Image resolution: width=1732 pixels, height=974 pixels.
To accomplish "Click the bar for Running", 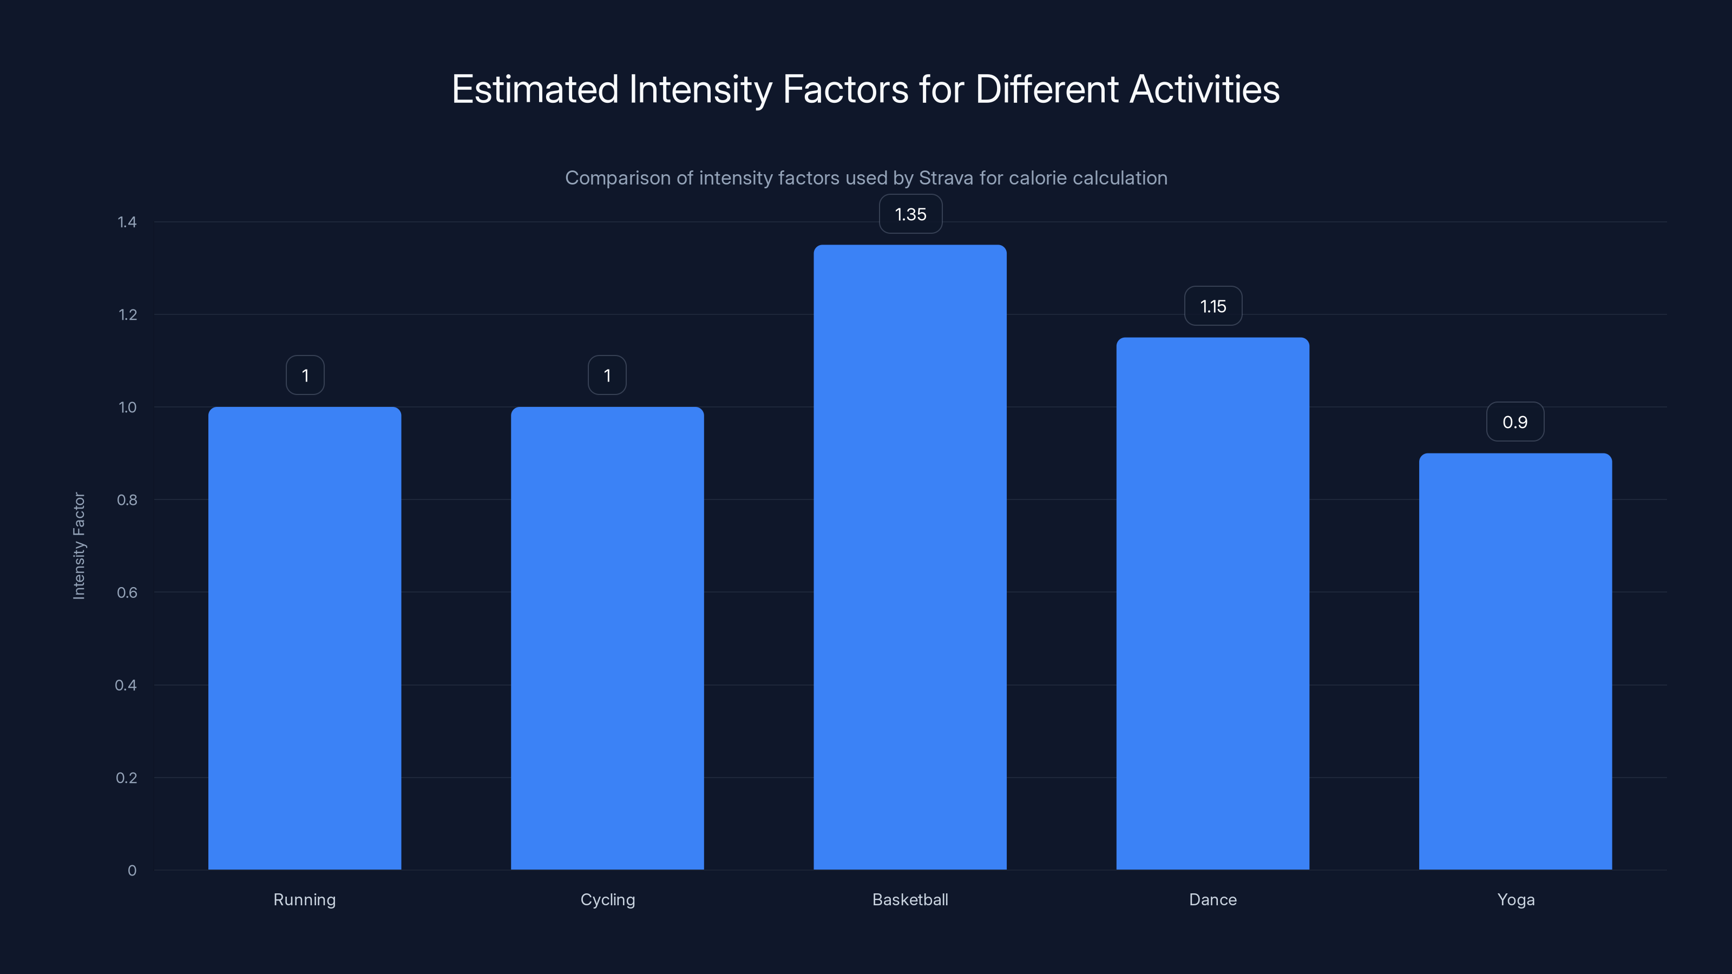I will coord(305,638).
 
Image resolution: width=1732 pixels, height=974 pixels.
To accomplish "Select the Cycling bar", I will coord(607,638).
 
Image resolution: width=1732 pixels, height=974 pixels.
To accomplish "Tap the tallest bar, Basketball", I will coord(910,557).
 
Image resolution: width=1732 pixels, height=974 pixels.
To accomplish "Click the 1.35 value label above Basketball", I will coord(910,214).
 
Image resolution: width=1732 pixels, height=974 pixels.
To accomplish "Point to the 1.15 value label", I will coord(1213,306).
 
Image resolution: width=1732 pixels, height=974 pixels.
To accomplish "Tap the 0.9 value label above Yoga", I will coord(1515,422).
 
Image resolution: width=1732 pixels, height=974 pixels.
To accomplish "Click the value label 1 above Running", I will coord(305,376).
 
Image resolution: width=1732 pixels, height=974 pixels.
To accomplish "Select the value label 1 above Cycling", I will coord(607,376).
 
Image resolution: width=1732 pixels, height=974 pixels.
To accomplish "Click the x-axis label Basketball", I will coord(910,899).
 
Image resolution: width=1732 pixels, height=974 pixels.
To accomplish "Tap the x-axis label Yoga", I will coord(1515,899).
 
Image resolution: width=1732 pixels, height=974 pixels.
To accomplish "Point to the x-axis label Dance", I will coord(1212,899).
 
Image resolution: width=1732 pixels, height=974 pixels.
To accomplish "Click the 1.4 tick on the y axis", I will coord(127,222).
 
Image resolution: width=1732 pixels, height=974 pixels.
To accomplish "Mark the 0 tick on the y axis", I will coord(132,871).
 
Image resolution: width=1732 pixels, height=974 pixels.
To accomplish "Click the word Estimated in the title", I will coord(535,89).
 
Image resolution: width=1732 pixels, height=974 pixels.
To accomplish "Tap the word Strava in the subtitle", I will coord(946,178).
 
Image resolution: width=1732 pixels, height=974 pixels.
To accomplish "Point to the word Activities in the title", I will coord(1204,89).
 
